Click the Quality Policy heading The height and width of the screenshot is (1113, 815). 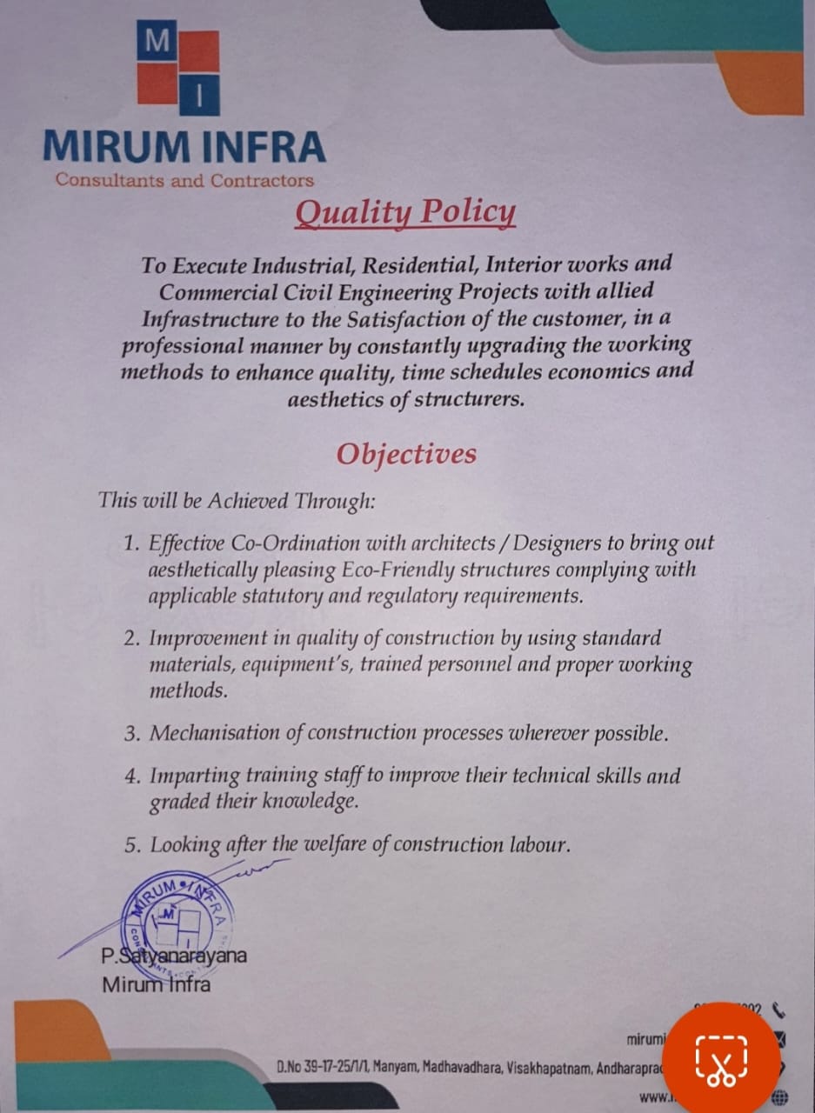point(404,213)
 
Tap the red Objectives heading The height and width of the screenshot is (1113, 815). point(406,454)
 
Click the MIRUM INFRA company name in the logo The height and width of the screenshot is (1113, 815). point(184,146)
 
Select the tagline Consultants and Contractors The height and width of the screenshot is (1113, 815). point(184,181)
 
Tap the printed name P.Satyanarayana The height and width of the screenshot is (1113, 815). point(173,956)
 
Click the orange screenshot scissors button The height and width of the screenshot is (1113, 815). point(721,1060)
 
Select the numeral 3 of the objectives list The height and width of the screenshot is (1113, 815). point(131,734)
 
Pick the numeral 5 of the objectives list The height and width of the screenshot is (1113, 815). point(131,845)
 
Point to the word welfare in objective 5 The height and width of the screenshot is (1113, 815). point(329,844)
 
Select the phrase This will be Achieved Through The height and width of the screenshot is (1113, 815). point(237,501)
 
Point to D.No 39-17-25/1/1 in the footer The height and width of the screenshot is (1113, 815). point(322,1065)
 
